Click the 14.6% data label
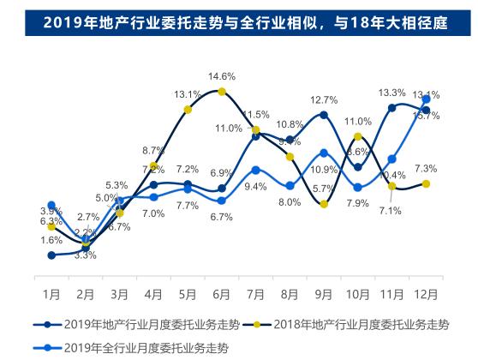[221, 75]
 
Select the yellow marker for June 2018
[221, 91]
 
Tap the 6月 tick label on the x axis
[221, 293]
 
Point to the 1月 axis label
[51, 293]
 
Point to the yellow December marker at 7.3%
[426, 183]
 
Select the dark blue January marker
[51, 255]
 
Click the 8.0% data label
[290, 202]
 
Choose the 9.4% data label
[255, 187]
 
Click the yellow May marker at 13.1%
[188, 110]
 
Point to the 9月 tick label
[323, 293]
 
